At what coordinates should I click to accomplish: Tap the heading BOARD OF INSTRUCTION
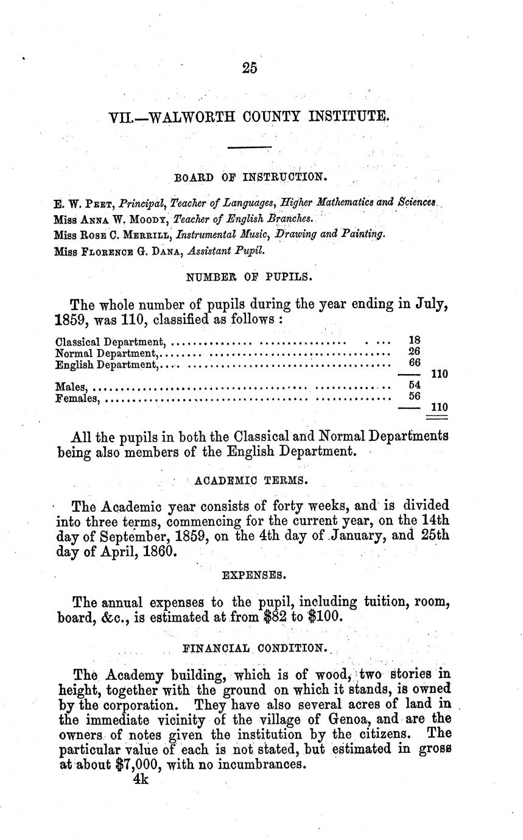(250, 177)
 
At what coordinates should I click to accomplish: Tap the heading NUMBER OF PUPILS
(250, 277)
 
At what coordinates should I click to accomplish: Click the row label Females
(77, 398)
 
